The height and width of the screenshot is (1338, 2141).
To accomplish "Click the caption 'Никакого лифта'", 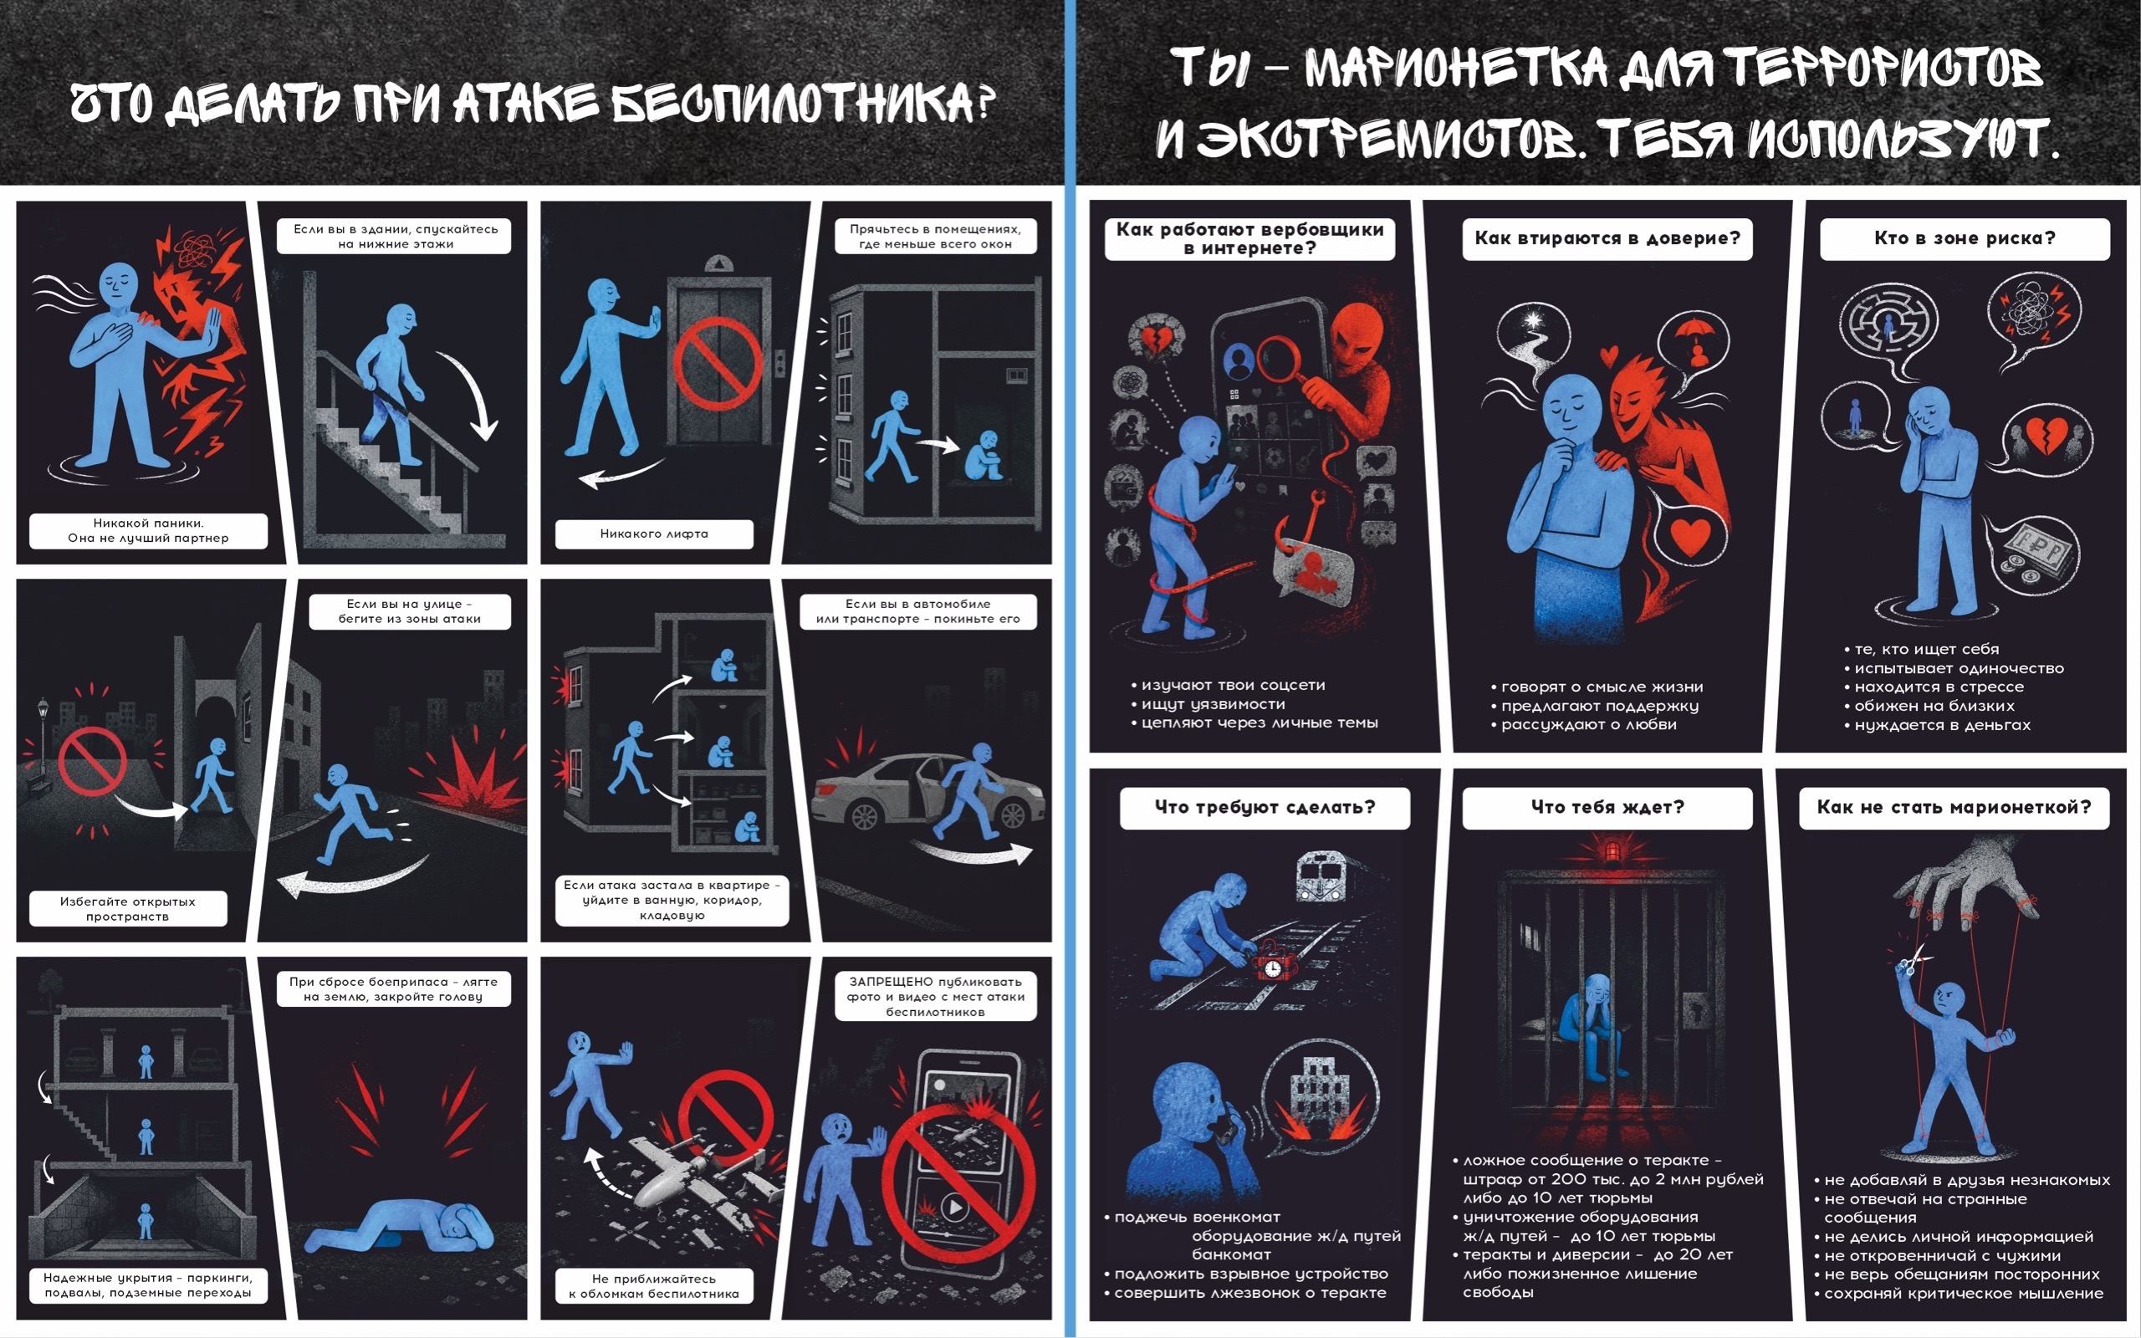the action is [654, 534].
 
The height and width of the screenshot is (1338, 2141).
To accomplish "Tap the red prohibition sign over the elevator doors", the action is [718, 363].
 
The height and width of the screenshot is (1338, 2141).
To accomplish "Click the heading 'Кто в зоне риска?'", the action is [1964, 238].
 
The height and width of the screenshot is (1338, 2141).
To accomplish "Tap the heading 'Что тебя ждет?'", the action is [1607, 807].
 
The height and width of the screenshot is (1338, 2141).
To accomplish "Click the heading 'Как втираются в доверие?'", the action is [1607, 238].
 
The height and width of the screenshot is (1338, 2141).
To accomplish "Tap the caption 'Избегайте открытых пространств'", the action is [127, 909].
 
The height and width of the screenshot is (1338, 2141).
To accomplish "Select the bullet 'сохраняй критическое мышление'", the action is [1957, 1294].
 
